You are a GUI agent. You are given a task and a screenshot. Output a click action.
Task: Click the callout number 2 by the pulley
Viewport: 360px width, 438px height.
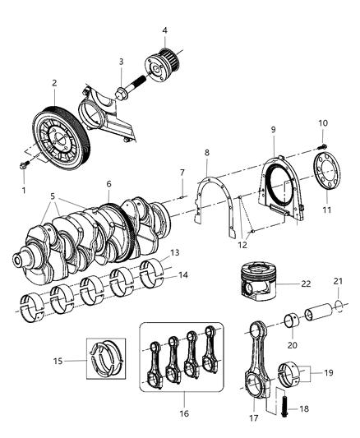pyautogui.click(x=54, y=83)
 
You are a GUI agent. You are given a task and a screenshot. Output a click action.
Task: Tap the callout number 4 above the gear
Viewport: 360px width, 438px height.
pyautogui.click(x=164, y=31)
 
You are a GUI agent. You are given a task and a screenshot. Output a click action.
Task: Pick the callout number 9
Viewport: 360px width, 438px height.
pyautogui.click(x=272, y=130)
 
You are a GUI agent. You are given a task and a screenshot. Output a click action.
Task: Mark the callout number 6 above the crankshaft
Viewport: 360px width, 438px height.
pyautogui.click(x=108, y=184)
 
